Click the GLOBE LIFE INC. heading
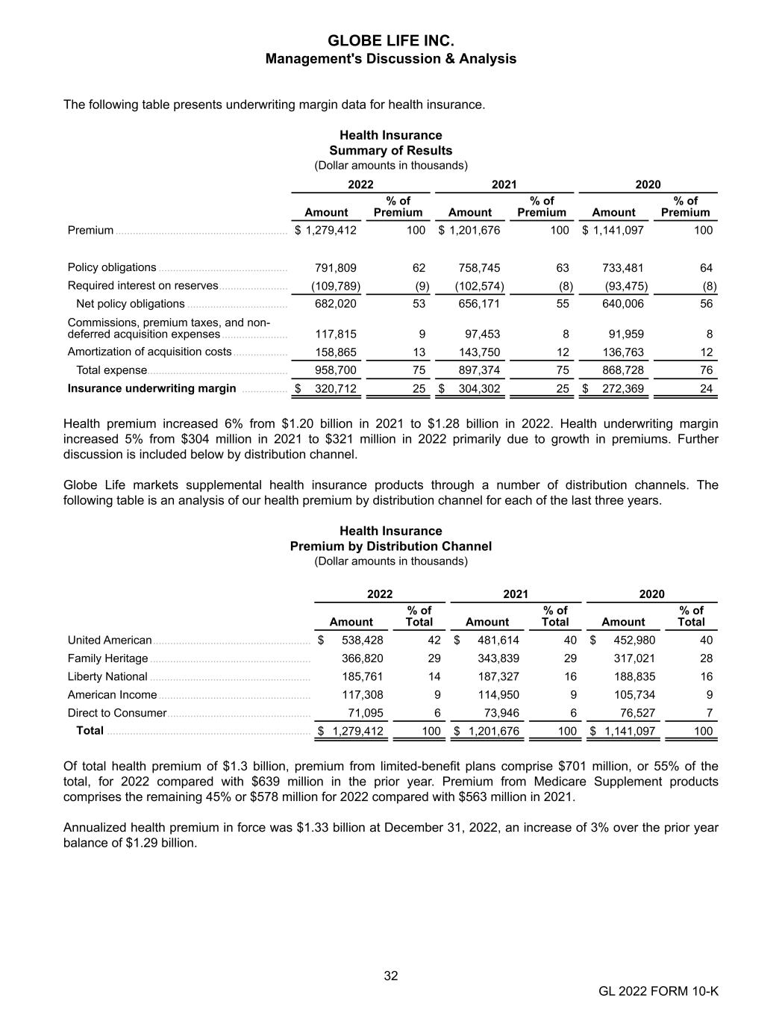(390, 40)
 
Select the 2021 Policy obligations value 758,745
(480, 268)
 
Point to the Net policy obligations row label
(130, 304)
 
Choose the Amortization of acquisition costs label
(149, 352)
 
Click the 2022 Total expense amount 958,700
(336, 370)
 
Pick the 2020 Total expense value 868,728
(623, 370)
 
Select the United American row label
(110, 641)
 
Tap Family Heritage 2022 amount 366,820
(363, 658)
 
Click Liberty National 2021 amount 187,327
(498, 676)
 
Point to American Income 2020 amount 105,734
(634, 695)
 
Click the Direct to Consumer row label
(116, 713)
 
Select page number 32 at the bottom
(390, 976)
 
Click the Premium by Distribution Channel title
(390, 546)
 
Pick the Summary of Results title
(390, 151)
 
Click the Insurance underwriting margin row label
(151, 388)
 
